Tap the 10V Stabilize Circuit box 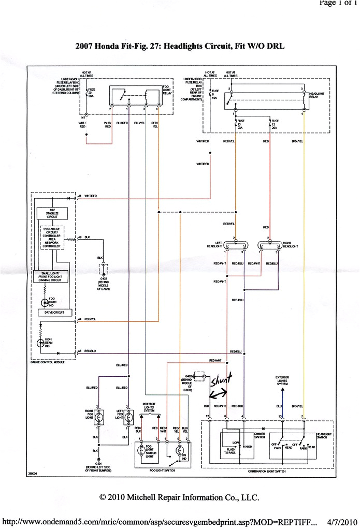pyautogui.click(x=49, y=214)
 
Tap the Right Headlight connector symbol pyautogui.click(x=269, y=245)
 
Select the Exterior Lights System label pyautogui.click(x=282, y=381)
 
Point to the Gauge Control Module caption pyautogui.click(x=48, y=362)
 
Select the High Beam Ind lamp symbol pyautogui.click(x=41, y=343)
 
